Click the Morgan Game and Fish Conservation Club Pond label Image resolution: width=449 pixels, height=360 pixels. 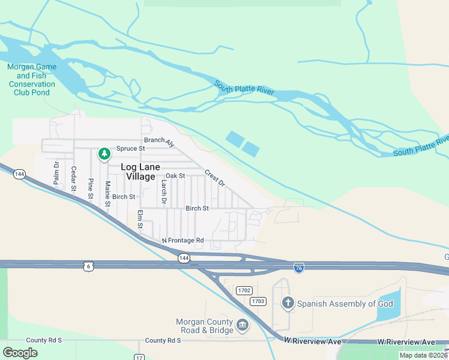(32, 76)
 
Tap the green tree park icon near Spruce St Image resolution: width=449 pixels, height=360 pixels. (104, 154)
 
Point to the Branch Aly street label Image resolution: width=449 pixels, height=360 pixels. (159, 142)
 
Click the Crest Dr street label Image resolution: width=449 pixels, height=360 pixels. (214, 178)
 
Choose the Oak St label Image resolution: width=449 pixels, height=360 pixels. (175, 176)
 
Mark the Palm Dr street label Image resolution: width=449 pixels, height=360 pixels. (56, 173)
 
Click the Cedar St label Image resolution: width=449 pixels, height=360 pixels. (74, 179)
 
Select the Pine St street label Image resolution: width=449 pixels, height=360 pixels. (91, 188)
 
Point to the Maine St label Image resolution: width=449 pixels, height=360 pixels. (107, 194)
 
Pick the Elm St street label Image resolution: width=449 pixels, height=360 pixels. (140, 219)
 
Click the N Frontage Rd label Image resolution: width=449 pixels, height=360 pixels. (183, 241)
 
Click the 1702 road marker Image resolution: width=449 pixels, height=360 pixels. (243, 290)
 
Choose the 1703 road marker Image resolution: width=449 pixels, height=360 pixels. (258, 301)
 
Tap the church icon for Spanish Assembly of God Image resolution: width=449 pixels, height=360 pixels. (288, 303)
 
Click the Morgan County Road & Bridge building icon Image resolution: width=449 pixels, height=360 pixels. (243, 326)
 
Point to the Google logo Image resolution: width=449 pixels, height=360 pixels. (20, 353)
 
